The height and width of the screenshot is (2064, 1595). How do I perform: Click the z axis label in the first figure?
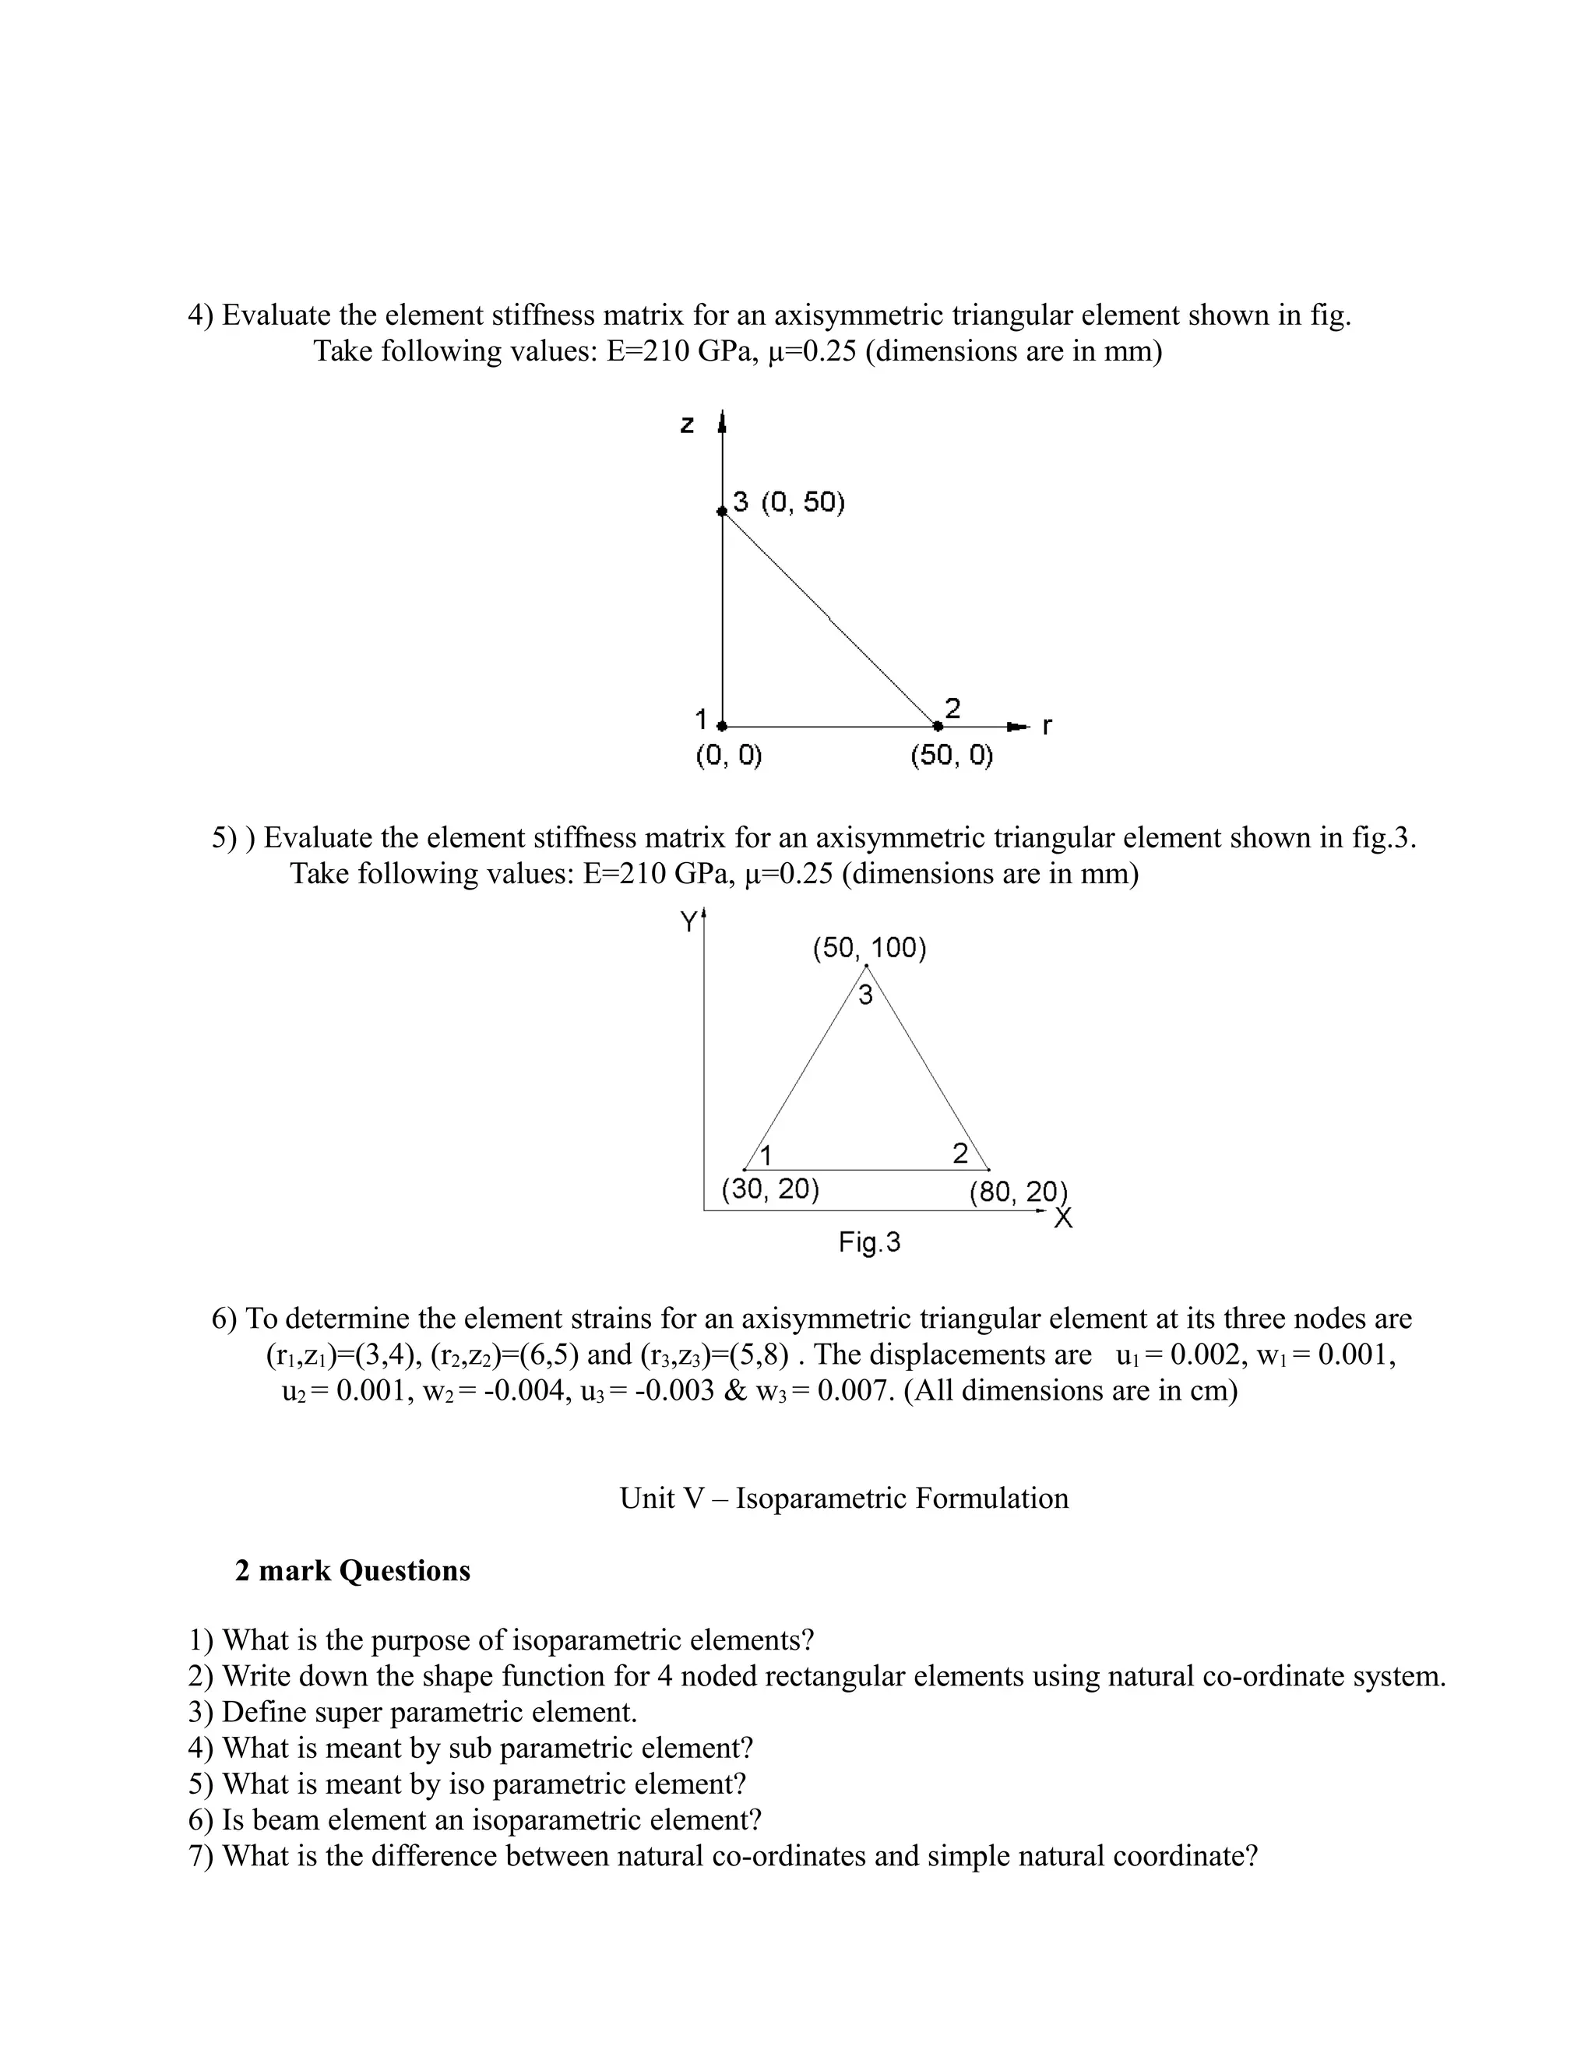687,425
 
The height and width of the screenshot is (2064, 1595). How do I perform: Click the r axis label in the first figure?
1046,727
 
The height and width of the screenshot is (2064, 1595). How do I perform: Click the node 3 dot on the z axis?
722,510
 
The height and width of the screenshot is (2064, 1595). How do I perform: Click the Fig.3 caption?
869,1242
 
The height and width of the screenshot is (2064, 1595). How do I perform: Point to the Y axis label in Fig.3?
691,921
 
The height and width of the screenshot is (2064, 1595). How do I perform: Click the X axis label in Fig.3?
1063,1218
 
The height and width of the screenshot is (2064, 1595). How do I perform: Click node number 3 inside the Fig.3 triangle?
865,995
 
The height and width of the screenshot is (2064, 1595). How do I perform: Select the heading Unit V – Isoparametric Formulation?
843,1498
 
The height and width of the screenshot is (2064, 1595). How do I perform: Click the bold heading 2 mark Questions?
353,1571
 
